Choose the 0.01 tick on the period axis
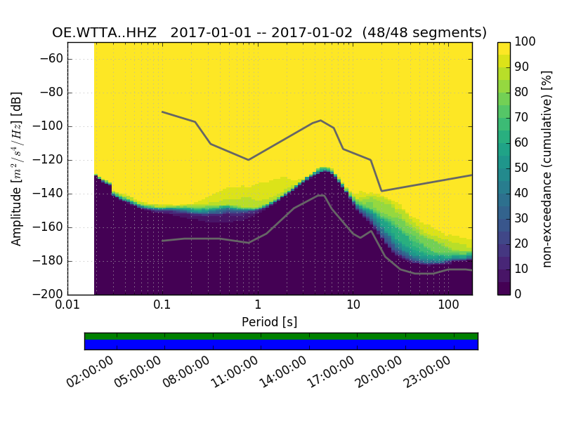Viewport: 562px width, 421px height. click(x=67, y=306)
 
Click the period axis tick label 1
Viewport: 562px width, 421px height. click(x=258, y=306)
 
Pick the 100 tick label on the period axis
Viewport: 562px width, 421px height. click(x=448, y=306)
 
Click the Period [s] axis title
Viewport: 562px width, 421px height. click(x=269, y=321)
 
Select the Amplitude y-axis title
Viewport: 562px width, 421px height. click(x=17, y=168)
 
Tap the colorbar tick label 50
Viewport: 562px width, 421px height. click(x=523, y=168)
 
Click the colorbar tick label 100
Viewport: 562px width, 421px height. click(x=525, y=42)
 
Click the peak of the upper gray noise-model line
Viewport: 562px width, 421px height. click(x=321, y=121)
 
